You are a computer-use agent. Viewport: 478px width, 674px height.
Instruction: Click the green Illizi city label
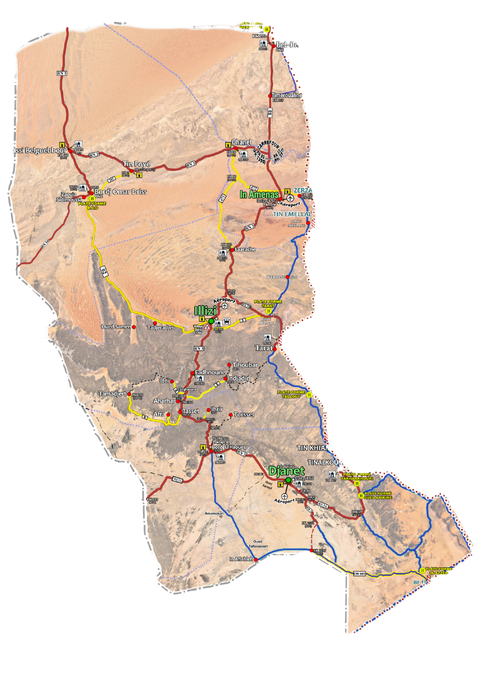pos(205,310)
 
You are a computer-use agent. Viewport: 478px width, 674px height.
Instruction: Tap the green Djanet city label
pos(286,471)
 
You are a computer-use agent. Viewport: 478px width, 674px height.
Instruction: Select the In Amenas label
pos(259,194)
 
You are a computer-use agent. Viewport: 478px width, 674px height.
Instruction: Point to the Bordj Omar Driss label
pos(121,192)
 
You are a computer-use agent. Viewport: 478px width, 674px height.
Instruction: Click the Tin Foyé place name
pos(136,164)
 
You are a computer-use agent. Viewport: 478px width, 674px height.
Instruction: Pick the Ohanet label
pos(242,142)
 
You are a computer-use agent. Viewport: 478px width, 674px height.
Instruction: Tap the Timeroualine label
pos(287,95)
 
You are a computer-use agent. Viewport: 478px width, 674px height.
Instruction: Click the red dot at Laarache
pos(232,249)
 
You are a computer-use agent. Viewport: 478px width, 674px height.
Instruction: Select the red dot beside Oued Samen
pos(134,327)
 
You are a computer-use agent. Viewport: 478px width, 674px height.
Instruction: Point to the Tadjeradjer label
pos(161,328)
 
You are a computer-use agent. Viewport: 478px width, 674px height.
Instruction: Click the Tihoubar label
pos(245,365)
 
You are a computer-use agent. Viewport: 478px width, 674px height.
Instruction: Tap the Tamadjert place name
pos(113,394)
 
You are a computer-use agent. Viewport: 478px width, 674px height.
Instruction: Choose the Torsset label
pos(244,415)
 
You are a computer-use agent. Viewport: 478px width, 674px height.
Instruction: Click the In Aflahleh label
pos(241,559)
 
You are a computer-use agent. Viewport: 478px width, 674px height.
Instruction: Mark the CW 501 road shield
pos(359,574)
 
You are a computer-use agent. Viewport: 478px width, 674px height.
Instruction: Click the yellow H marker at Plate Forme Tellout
pos(309,395)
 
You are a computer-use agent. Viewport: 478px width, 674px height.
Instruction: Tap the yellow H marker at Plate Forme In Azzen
pos(422,570)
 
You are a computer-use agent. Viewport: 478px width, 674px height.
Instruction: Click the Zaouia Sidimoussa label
pos(69,197)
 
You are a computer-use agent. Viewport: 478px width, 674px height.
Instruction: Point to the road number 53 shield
pos(270,113)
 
